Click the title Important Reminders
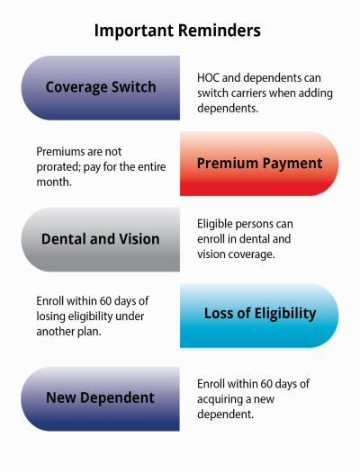[178, 31]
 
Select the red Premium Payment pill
[259, 163]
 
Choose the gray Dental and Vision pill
[100, 239]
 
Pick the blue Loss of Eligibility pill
[259, 314]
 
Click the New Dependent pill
[100, 396]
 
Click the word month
[56, 180]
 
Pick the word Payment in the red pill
[288, 163]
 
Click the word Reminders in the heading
[220, 31]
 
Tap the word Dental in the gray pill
[64, 239]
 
